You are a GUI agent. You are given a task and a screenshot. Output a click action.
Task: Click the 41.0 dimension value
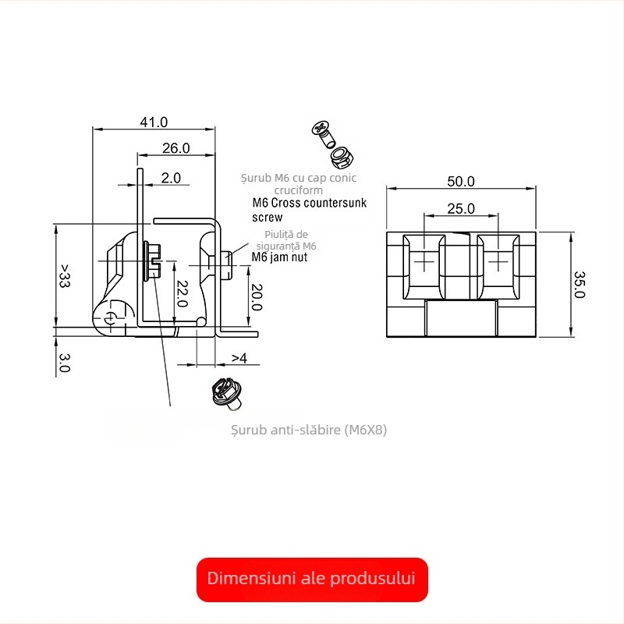(x=154, y=122)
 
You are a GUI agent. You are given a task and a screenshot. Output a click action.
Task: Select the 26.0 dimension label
(x=175, y=148)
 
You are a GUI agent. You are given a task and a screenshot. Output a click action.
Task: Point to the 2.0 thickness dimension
(x=171, y=178)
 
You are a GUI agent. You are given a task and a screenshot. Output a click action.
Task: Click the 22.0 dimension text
(x=181, y=293)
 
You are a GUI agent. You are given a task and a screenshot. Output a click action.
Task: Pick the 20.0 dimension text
(x=255, y=296)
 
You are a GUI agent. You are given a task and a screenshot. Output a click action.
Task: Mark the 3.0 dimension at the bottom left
(x=65, y=362)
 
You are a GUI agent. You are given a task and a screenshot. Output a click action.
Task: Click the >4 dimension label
(x=239, y=358)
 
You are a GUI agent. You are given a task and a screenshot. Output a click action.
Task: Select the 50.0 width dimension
(x=461, y=181)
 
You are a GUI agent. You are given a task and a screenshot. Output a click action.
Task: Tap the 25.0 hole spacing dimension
(x=461, y=208)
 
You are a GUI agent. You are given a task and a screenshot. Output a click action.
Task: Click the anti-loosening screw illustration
(x=227, y=392)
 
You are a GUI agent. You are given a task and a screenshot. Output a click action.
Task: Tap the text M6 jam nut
(x=278, y=257)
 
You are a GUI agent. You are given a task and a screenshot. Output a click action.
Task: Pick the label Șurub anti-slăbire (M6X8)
(x=310, y=430)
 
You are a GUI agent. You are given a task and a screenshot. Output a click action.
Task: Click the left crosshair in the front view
(x=423, y=261)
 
